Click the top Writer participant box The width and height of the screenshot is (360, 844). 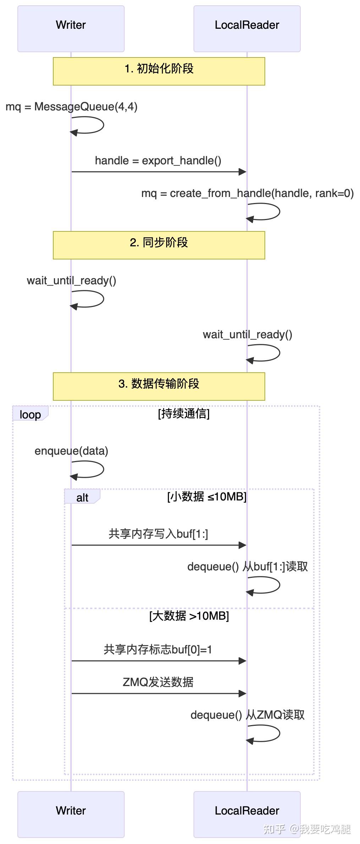point(71,29)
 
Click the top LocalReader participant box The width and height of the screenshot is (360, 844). point(247,29)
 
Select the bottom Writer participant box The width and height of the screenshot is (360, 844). point(71,814)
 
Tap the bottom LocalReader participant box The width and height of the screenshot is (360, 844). point(247,814)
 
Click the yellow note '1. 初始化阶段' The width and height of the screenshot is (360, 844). point(159,71)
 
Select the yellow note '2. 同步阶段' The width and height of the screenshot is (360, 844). point(159,245)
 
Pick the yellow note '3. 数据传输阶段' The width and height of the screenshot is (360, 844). point(159,386)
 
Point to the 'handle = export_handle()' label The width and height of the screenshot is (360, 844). point(158,161)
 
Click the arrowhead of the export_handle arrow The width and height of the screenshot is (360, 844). point(243,172)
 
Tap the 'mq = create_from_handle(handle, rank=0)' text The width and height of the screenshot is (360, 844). point(247,193)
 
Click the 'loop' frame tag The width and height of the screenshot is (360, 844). point(30,414)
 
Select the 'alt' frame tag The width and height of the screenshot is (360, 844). point(82,497)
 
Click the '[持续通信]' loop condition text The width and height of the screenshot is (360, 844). point(184,413)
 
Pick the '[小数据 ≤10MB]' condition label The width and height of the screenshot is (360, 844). point(207,497)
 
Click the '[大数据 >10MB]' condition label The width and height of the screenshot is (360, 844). point(189,616)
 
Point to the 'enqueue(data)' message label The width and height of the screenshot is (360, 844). point(71,451)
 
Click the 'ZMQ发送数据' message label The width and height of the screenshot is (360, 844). point(158,682)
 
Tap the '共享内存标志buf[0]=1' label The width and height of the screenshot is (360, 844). point(158,650)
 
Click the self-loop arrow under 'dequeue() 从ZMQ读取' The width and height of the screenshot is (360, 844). point(270,734)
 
